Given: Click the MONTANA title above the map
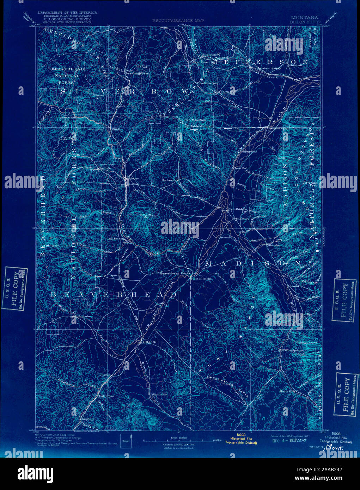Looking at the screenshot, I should tap(305, 17).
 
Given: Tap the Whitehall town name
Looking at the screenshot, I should tap(294, 66).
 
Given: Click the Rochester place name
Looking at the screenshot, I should tap(169, 180).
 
